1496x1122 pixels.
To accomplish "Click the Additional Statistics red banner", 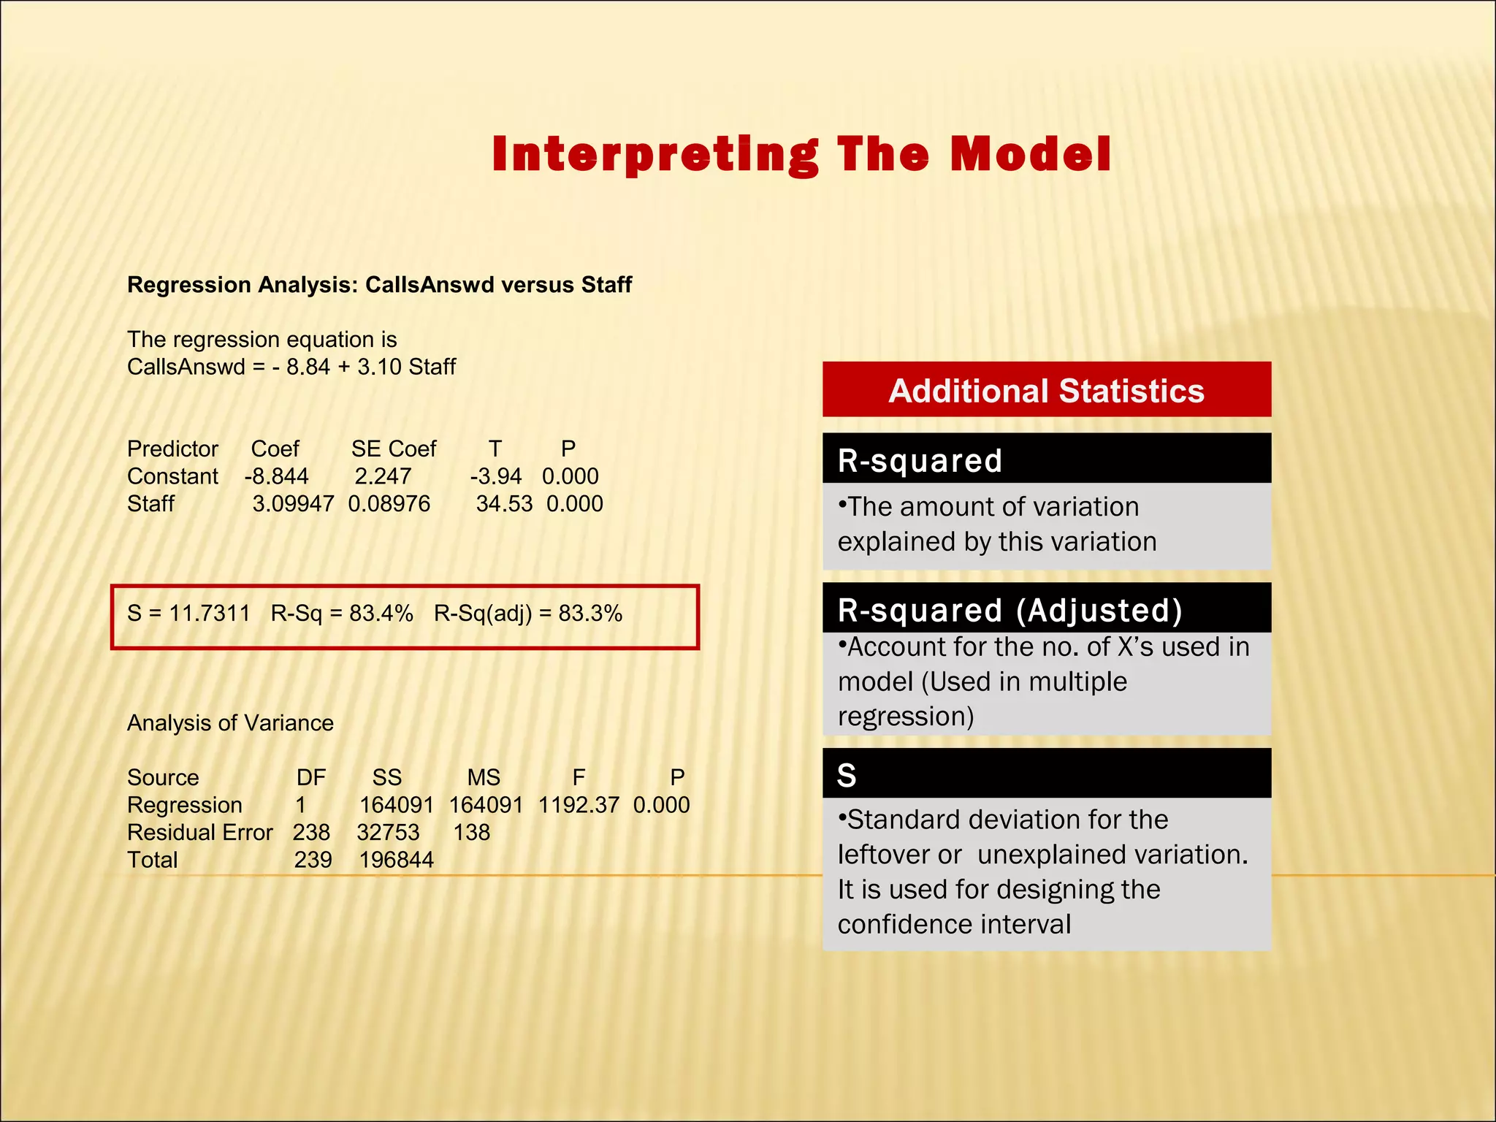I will click(1046, 390).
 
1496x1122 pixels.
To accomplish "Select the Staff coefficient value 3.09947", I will click(293, 504).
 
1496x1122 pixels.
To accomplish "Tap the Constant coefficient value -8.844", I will click(277, 476).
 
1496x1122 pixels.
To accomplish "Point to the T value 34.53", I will click(504, 504).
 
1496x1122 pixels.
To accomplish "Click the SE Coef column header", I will click(393, 449).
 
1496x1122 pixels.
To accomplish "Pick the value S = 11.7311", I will click(188, 613).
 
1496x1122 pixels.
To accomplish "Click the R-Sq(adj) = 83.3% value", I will click(527, 613).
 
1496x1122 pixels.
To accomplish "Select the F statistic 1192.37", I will click(579, 805).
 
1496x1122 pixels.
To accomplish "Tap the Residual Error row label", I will click(199, 833).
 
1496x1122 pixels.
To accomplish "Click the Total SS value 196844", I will click(396, 860).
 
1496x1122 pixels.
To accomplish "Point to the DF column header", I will click(311, 777).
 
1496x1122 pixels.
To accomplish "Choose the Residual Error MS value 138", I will click(471, 833).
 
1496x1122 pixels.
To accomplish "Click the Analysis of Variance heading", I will click(230, 723).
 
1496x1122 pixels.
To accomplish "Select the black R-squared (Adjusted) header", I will click(1046, 609).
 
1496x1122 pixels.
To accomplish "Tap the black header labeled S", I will click(1046, 774).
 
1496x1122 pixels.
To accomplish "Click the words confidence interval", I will click(954, 925).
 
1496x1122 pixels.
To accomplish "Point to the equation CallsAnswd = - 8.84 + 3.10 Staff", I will click(291, 367).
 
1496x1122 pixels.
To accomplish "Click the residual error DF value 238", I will click(311, 833).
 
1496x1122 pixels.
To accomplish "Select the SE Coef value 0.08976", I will click(389, 504).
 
